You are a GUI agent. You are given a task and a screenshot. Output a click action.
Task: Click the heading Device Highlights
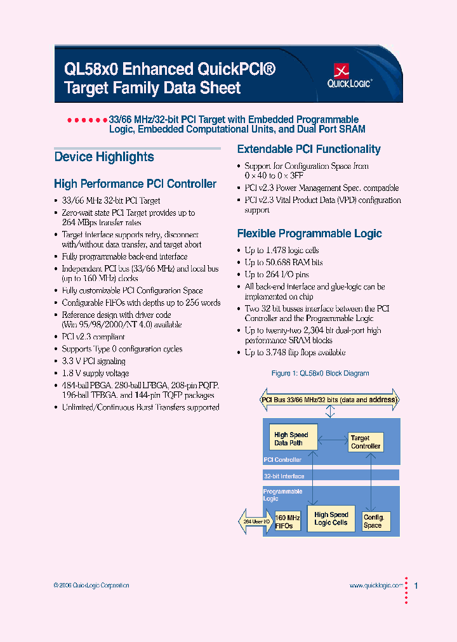[104, 157]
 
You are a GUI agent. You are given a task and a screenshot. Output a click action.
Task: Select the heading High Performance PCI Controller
[135, 184]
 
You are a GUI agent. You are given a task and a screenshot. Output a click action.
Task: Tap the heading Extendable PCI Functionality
[308, 150]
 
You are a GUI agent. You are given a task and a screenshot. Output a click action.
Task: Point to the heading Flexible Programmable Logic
[309, 233]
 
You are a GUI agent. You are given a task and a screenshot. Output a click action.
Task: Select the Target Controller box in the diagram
[365, 442]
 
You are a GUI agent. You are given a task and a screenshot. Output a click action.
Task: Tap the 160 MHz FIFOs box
[288, 521]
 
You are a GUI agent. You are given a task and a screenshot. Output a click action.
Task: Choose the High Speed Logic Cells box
[331, 518]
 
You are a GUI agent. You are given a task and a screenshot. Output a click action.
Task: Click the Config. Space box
[373, 521]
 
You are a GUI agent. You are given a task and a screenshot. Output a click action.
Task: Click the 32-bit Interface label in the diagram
[284, 476]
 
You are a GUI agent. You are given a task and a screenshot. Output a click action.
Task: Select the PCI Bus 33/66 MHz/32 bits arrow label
[329, 400]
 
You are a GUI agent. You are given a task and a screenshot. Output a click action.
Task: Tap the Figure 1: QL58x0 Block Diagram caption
[320, 373]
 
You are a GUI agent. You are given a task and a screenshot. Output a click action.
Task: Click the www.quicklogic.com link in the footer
[376, 586]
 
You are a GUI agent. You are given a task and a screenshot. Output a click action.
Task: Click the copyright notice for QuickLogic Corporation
[91, 586]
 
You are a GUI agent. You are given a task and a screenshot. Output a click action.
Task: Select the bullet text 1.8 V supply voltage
[95, 373]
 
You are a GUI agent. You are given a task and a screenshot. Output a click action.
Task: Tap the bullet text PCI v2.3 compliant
[93, 337]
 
